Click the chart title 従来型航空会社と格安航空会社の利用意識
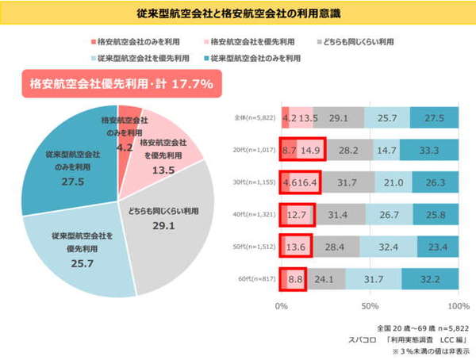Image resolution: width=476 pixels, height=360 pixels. (237, 13)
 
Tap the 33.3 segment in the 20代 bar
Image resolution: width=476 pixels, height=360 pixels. (429, 149)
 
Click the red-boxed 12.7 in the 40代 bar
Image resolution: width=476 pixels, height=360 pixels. (297, 214)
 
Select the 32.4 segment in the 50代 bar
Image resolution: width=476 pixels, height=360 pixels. (388, 247)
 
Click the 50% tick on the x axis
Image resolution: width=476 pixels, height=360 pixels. (370, 305)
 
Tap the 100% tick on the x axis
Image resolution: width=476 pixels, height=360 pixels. (459, 305)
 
